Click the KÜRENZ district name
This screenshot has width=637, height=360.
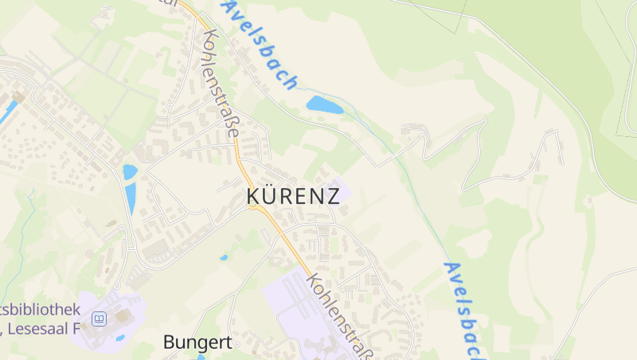coord(293,196)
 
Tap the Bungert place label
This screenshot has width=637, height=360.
coord(197,342)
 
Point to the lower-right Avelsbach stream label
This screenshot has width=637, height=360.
coord(464,307)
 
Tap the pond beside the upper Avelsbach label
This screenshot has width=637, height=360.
coord(325,104)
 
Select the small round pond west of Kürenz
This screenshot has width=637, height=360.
coord(130,171)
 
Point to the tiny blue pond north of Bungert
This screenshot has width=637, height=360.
coord(224,257)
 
